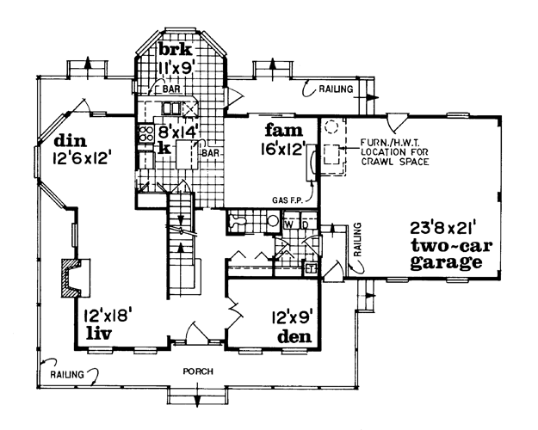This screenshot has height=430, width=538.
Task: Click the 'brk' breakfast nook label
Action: click(176, 49)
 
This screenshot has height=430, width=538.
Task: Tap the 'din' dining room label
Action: click(71, 140)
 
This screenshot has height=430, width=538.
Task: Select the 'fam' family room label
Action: click(284, 130)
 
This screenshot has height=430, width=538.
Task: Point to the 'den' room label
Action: click(295, 336)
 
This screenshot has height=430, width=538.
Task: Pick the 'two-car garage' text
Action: click(451, 254)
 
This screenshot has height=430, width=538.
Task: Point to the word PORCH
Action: click(198, 372)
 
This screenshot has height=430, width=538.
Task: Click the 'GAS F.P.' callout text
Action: click(288, 200)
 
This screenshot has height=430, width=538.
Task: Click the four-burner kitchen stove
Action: click(145, 133)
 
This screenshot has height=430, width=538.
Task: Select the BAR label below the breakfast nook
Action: click(171, 89)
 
